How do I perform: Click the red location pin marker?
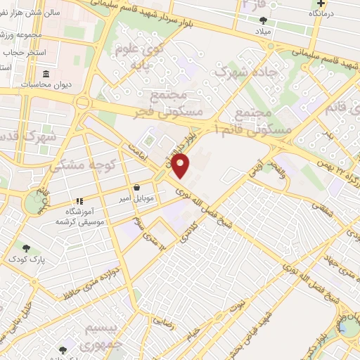181,165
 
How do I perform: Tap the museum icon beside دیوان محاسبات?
46,75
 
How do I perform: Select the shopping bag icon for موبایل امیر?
136,188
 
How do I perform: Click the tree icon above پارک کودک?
26,248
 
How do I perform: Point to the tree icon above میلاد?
263,21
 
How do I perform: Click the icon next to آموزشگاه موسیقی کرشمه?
79,200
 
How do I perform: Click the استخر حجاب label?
27,53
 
